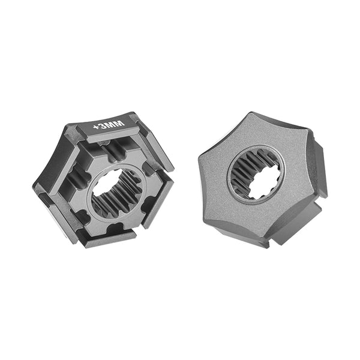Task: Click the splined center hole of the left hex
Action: click(118, 191)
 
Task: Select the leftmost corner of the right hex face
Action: click(200, 157)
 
